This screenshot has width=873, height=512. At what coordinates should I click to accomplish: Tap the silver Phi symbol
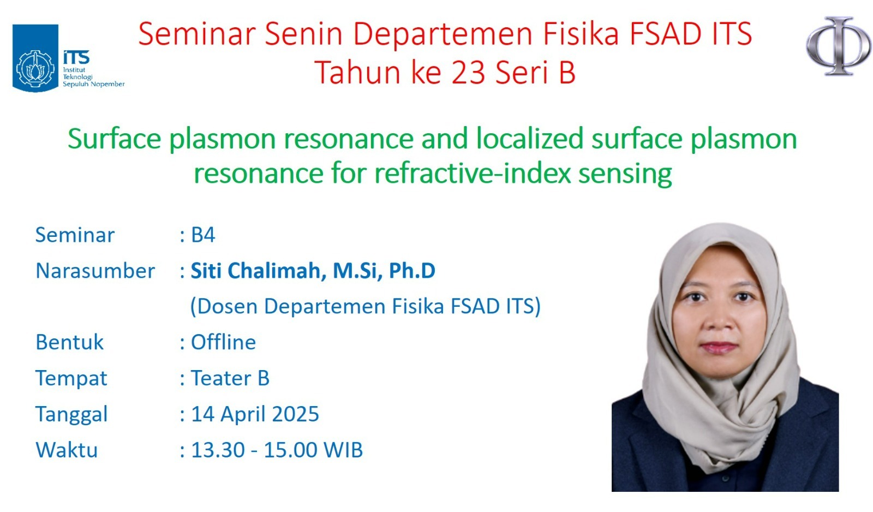pos(839,46)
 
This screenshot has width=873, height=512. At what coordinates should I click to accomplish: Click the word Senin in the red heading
pos(303,34)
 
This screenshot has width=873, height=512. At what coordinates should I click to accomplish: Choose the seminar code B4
pos(203,235)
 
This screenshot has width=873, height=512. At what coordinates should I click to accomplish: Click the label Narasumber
pos(95,271)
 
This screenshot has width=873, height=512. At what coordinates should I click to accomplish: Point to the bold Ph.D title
pos(412,271)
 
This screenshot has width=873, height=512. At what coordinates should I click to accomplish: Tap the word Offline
pos(223,342)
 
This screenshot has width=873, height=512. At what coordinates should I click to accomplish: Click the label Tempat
pos(71,379)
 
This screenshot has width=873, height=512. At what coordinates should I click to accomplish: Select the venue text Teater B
pos(230,378)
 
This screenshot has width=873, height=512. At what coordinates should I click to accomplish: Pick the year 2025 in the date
pos(295,414)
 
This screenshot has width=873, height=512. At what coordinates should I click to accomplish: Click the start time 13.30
pos(218,450)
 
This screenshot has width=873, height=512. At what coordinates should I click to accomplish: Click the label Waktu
pos(67,450)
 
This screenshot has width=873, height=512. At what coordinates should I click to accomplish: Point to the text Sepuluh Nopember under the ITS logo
pos(94,84)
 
